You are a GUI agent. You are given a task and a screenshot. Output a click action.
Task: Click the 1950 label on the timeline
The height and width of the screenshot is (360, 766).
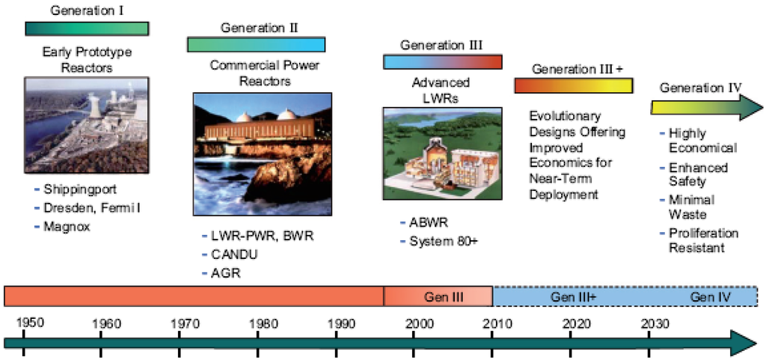[x=30, y=323]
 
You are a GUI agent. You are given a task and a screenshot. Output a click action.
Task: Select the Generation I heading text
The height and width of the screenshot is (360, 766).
[x=88, y=10]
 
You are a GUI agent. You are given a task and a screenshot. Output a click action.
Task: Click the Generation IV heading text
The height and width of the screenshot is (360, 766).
[x=700, y=88]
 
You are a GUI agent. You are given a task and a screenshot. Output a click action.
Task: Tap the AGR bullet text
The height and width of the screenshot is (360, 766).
[x=226, y=272]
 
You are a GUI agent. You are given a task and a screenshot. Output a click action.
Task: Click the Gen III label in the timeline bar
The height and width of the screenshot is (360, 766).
[x=444, y=296]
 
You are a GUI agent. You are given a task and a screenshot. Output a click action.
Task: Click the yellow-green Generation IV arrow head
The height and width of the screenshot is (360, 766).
[x=750, y=107]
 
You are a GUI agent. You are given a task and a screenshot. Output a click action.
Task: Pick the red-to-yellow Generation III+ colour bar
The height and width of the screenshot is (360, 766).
[x=574, y=85]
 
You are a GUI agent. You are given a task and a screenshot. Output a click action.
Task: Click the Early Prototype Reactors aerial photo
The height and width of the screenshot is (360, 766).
[x=87, y=125]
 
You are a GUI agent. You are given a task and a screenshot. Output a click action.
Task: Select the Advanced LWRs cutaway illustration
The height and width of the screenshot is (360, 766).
[x=442, y=153]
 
